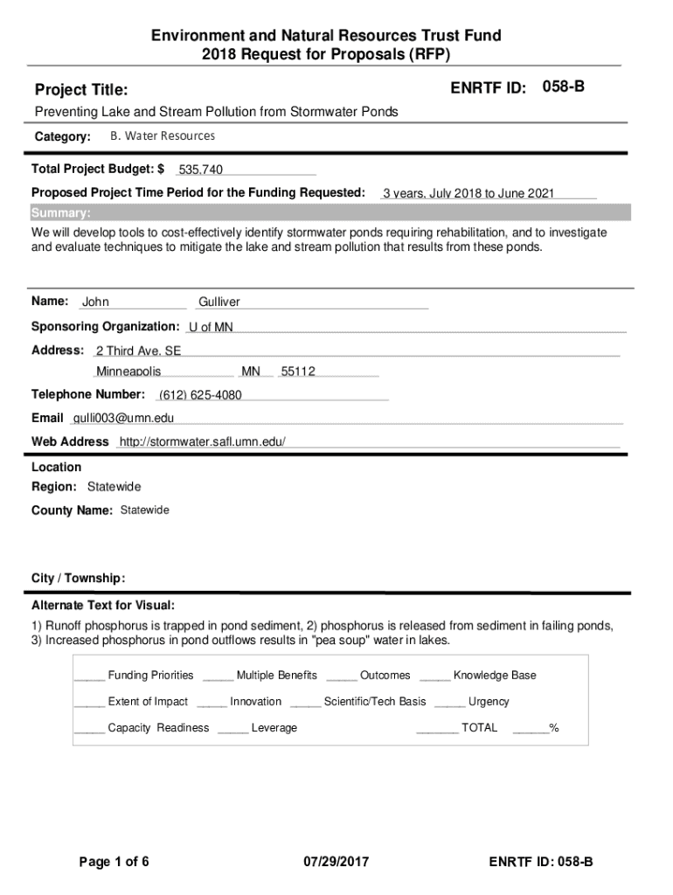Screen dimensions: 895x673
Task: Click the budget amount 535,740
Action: coord(200,170)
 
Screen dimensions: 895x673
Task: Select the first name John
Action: coord(95,302)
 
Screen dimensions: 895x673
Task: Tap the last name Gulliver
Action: coord(219,302)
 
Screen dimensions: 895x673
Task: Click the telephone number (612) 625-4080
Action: coord(200,395)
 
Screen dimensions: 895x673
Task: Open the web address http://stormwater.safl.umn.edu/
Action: coord(202,442)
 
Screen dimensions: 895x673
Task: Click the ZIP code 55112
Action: coord(298,372)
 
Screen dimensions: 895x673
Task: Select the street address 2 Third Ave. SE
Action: coord(138,350)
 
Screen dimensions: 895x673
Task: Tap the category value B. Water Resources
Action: coord(163,136)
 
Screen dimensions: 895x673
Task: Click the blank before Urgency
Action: coord(449,702)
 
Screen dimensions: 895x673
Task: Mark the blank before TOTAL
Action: coord(437,728)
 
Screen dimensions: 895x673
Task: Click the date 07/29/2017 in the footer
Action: coord(336,863)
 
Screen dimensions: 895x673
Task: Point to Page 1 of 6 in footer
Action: coord(114,863)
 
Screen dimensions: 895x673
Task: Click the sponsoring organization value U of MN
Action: coord(212,327)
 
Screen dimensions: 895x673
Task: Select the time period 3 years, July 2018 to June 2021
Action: coord(468,193)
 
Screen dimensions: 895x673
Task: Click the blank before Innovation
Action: coord(212,702)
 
